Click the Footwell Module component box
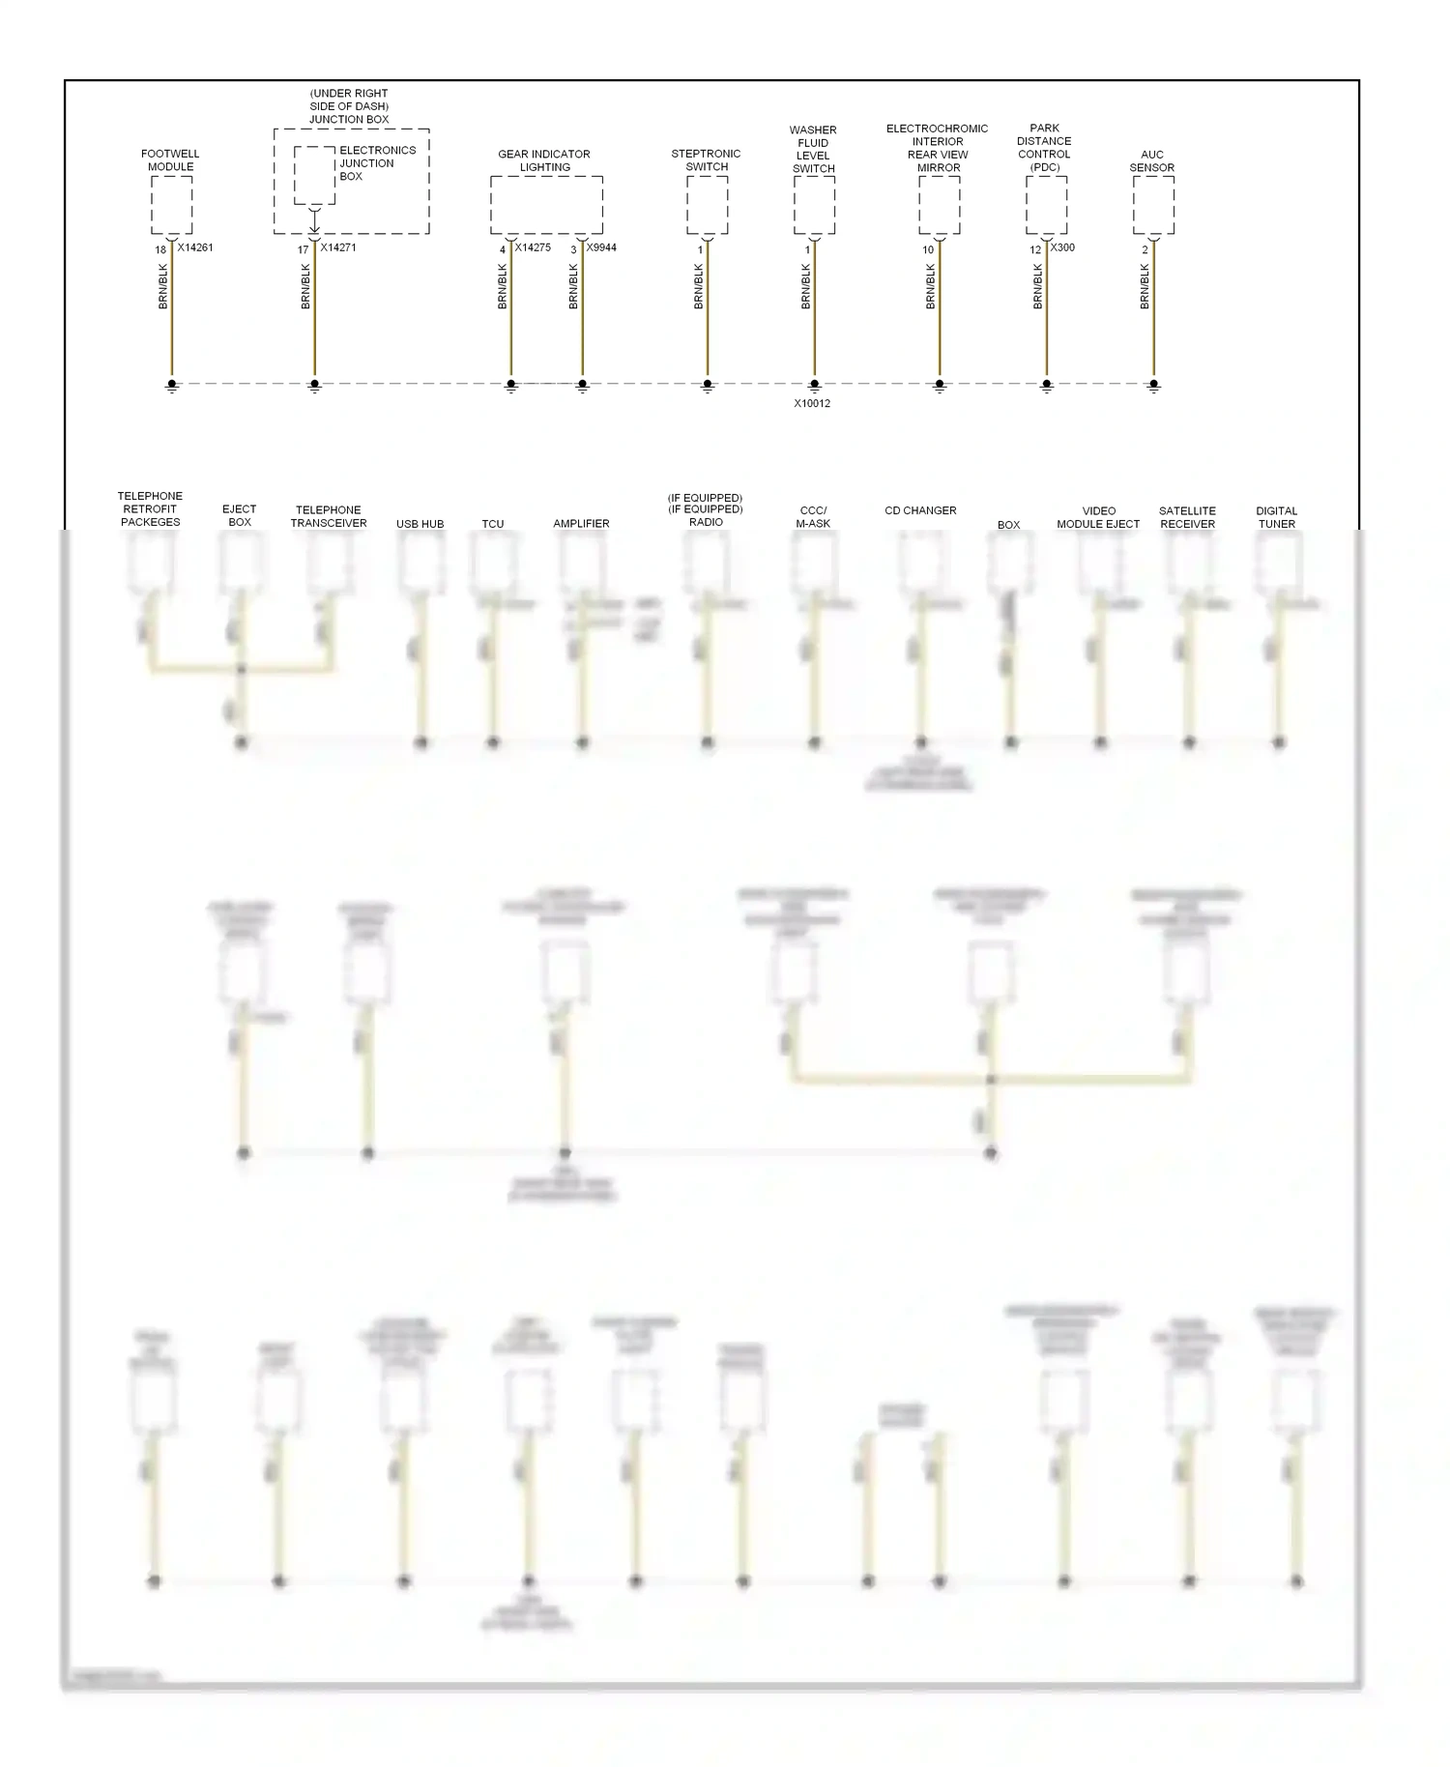171,205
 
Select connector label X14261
195,247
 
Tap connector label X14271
338,247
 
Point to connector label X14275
533,247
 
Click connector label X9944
601,247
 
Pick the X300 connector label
1062,247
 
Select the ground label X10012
812,403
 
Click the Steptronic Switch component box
707,205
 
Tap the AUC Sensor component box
1153,205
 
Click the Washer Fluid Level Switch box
814,205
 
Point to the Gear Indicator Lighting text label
544,160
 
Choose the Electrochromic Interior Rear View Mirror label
938,148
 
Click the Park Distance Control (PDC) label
1044,148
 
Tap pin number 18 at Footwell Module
161,249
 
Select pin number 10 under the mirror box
928,249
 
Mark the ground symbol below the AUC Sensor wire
1153,386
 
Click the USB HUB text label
420,524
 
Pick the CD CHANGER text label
920,510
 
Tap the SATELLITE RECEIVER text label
1187,517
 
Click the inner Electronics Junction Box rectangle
314,176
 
